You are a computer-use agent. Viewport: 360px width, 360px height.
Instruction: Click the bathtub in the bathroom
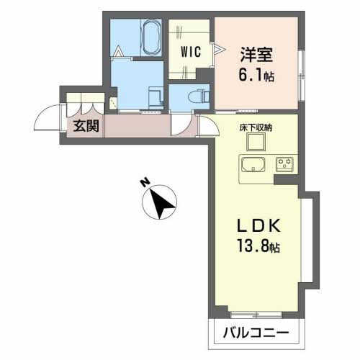(151, 37)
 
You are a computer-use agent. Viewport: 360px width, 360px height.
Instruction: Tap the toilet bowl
(199, 98)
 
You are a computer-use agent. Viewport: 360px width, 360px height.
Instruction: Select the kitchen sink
(253, 165)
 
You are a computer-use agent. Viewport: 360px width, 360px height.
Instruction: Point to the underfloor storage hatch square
(256, 142)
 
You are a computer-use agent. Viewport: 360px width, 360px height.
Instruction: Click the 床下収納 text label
(256, 127)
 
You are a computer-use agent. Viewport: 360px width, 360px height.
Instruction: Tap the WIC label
(191, 52)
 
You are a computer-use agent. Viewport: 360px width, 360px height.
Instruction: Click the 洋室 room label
(256, 55)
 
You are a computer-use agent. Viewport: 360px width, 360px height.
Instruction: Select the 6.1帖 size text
(256, 75)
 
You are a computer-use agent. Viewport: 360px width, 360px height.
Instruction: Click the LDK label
(258, 225)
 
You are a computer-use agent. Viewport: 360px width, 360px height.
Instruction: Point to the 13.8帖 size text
(258, 246)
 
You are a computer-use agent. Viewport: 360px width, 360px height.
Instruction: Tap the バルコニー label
(256, 333)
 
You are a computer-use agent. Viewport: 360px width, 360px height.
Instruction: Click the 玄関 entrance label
(86, 125)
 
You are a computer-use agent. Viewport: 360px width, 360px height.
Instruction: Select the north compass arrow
(161, 204)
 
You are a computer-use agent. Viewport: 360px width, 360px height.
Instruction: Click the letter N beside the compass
(145, 182)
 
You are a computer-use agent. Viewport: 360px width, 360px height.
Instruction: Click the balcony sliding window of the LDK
(256, 314)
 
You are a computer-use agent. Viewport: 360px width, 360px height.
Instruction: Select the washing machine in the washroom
(156, 97)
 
